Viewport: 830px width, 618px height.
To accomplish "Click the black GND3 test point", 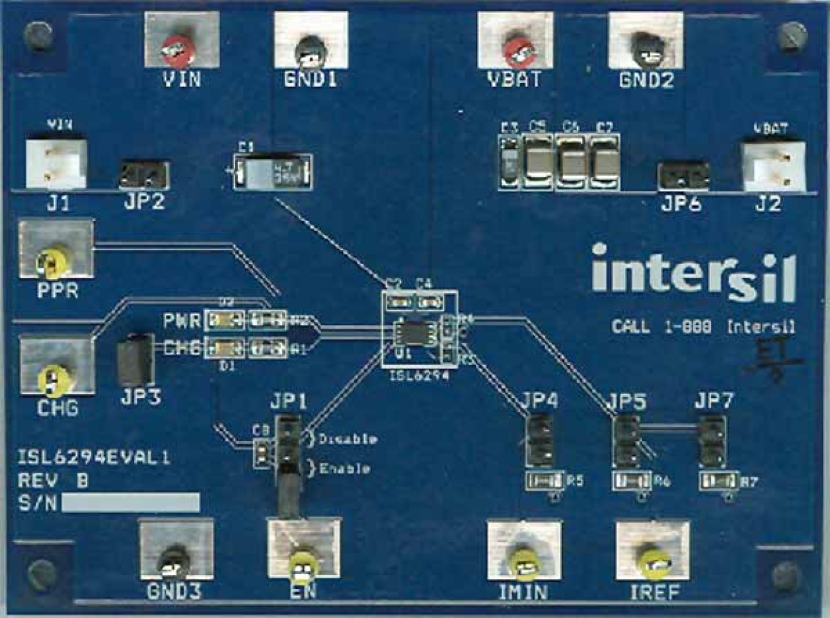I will pyautogui.click(x=174, y=561).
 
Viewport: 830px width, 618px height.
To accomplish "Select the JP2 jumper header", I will pyautogui.click(x=144, y=176).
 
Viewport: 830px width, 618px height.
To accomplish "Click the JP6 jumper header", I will pyautogui.click(x=683, y=176).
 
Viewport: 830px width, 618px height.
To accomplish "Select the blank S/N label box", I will pyautogui.click(x=130, y=502).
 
